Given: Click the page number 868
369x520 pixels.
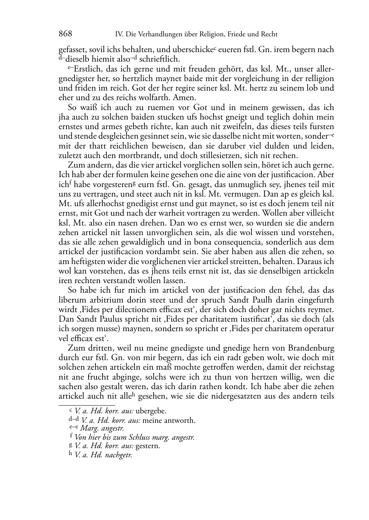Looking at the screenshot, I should [65, 34].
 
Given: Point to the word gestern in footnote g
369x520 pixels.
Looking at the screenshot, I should [148, 446].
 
